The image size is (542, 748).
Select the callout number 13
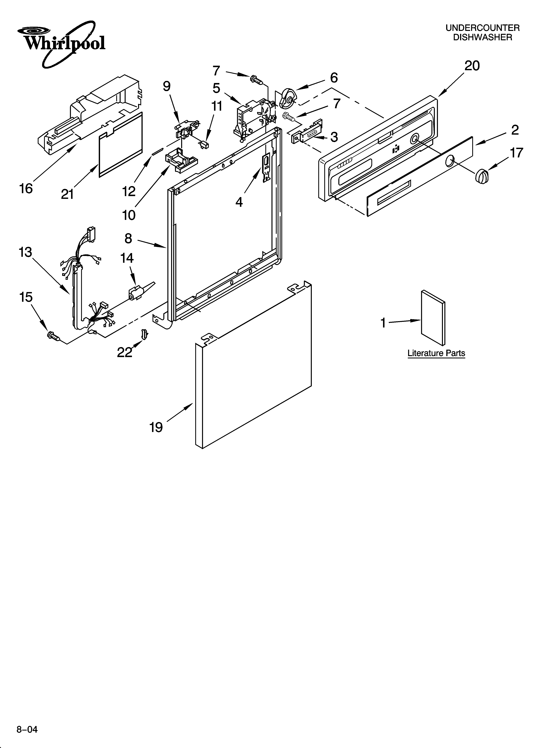click(x=25, y=252)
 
